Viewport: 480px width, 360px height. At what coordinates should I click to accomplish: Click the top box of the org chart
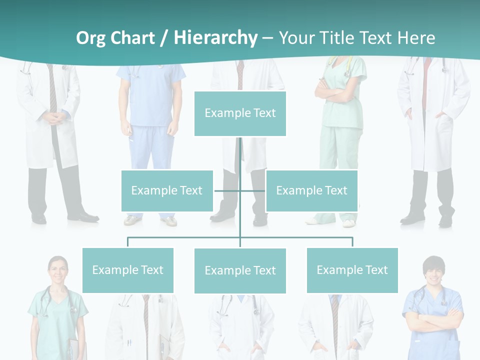[240, 113]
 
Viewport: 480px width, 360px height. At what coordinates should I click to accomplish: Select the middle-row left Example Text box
[167, 190]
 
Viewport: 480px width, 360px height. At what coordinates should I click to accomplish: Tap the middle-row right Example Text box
[311, 190]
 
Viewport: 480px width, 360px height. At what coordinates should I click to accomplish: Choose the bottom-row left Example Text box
[127, 270]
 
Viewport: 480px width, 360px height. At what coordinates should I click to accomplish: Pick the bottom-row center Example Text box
[240, 270]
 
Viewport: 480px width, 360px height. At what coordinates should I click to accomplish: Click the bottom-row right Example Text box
[352, 270]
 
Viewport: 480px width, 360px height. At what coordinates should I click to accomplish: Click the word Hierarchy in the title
[215, 37]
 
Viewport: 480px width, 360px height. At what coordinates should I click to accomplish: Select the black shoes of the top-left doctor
[82, 217]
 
